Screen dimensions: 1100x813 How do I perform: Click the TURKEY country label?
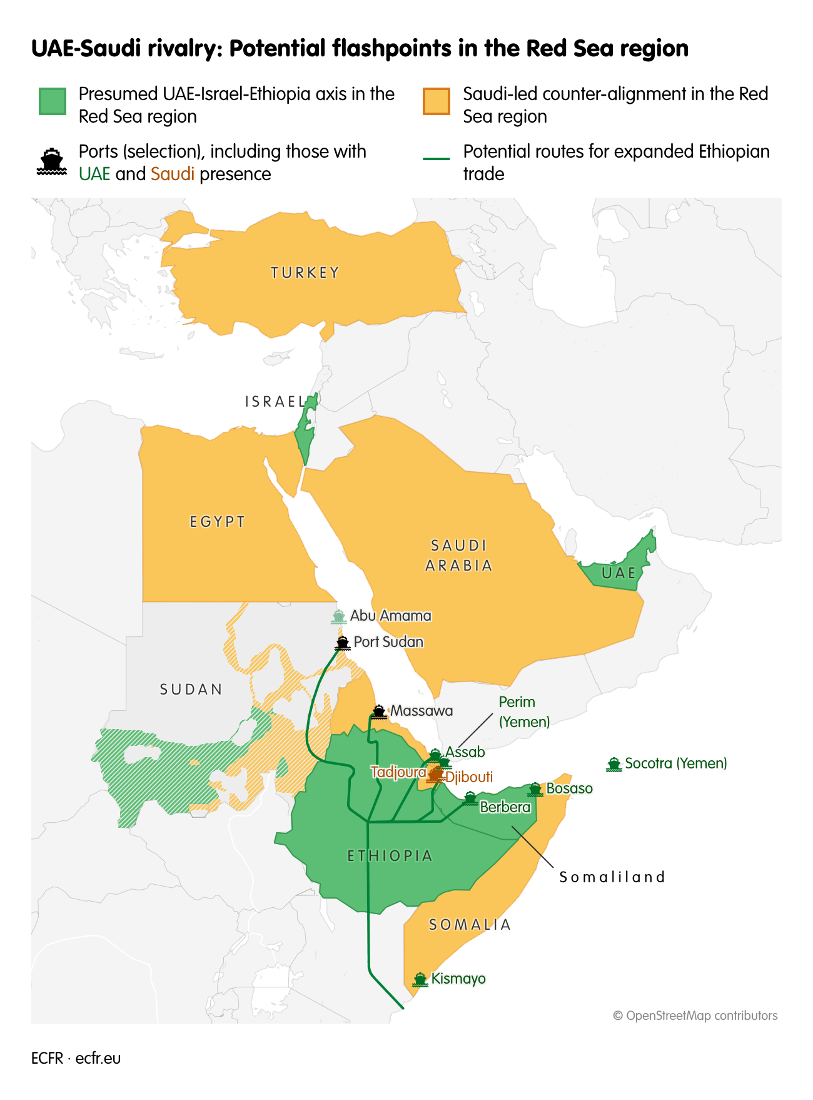click(x=305, y=273)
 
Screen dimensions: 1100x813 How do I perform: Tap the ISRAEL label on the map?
click(x=275, y=402)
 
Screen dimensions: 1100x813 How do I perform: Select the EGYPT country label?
click(x=217, y=522)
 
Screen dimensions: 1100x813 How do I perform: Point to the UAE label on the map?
click(x=619, y=573)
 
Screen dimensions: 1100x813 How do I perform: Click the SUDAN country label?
click(x=191, y=690)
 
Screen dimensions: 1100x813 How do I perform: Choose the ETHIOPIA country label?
click(x=390, y=856)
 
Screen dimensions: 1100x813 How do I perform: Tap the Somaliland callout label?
click(x=612, y=877)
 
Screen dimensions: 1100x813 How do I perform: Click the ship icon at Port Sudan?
click(x=342, y=643)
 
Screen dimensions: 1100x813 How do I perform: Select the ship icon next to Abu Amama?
click(x=338, y=616)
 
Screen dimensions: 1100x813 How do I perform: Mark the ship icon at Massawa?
click(x=379, y=711)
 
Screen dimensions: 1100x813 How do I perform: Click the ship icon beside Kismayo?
click(x=420, y=979)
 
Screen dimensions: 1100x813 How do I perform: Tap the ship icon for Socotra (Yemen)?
click(x=614, y=763)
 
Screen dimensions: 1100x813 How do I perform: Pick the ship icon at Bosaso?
click(x=535, y=789)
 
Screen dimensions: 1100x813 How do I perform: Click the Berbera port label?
click(x=505, y=807)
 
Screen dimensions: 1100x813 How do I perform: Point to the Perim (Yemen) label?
click(x=524, y=712)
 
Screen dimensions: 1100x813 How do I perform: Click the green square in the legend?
click(x=53, y=101)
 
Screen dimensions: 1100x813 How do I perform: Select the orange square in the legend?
click(x=437, y=101)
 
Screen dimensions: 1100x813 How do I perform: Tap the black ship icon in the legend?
click(x=52, y=161)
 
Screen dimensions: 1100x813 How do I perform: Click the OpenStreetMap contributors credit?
click(x=695, y=1016)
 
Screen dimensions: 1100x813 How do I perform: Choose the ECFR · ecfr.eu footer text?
click(x=76, y=1058)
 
